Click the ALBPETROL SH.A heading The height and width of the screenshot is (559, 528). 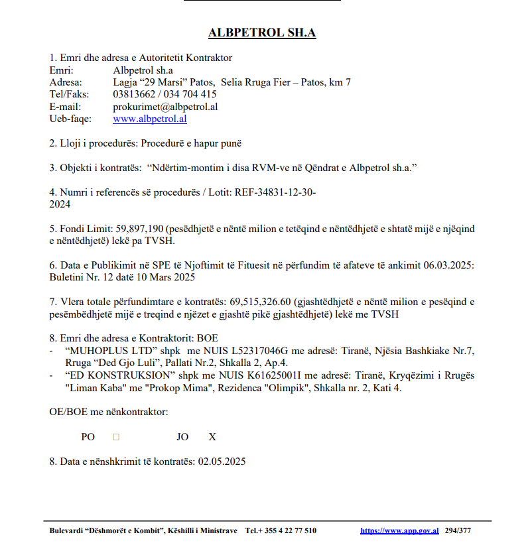262,32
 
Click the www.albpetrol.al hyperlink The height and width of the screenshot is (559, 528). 149,119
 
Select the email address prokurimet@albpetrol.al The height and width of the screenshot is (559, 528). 165,106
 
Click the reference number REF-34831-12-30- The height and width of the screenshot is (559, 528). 273,192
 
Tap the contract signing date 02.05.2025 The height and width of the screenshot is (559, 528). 222,462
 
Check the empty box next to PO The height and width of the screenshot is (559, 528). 116,437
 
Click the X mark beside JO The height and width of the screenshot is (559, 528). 212,437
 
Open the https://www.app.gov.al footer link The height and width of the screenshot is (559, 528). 399,530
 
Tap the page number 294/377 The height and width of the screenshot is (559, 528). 458,530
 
